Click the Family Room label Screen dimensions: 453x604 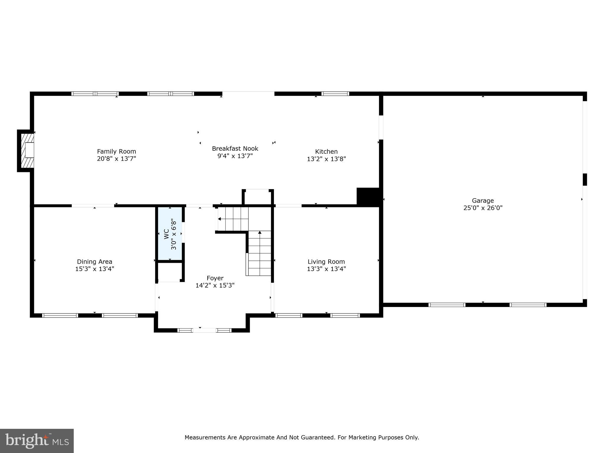click(116, 151)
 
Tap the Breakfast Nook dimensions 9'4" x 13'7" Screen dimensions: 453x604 click(235, 156)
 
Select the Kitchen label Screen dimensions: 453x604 click(326, 152)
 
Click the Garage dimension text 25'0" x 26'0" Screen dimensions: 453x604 click(483, 208)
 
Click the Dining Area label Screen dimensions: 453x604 click(94, 262)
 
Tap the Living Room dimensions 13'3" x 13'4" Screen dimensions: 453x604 click(326, 269)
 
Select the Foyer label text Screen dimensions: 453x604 click(215, 278)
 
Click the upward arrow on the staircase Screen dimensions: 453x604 click(260, 233)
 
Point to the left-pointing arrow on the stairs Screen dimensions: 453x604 click(219, 219)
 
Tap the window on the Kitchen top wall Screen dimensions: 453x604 click(335, 94)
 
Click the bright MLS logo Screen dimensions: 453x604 click(37, 441)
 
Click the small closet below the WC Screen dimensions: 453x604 click(170, 272)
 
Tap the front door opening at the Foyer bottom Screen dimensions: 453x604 click(204, 330)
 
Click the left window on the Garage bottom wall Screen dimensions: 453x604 click(447, 305)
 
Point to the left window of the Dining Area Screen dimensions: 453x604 click(60, 315)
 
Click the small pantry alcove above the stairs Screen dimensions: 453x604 click(258, 197)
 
